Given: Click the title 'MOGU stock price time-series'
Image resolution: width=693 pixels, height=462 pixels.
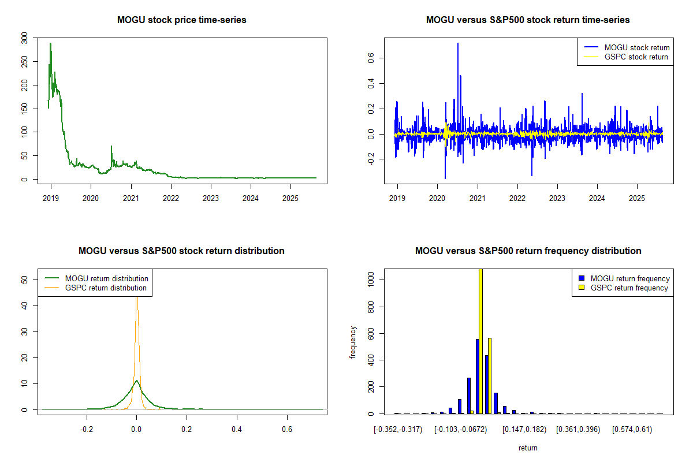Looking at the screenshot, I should [181, 20].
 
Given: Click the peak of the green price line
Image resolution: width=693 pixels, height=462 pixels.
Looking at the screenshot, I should [50, 43].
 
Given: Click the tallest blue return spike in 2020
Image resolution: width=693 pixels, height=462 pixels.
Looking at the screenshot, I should [458, 43].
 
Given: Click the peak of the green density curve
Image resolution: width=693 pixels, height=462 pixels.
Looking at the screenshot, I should [136, 381].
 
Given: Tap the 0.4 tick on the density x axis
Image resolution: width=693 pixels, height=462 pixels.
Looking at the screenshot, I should [237, 429].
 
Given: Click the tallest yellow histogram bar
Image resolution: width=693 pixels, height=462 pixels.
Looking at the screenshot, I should [481, 341].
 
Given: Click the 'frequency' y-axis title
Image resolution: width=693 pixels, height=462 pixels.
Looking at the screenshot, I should [353, 342].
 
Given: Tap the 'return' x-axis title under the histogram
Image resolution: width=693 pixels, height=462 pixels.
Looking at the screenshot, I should [528, 448].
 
